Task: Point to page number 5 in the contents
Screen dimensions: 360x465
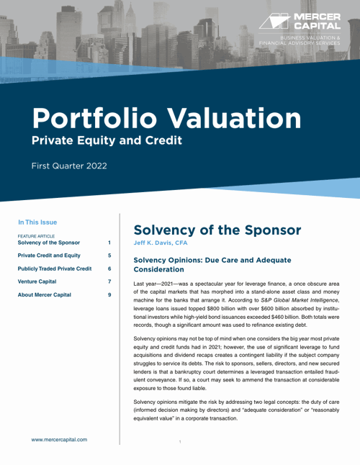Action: [x=109, y=255]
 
